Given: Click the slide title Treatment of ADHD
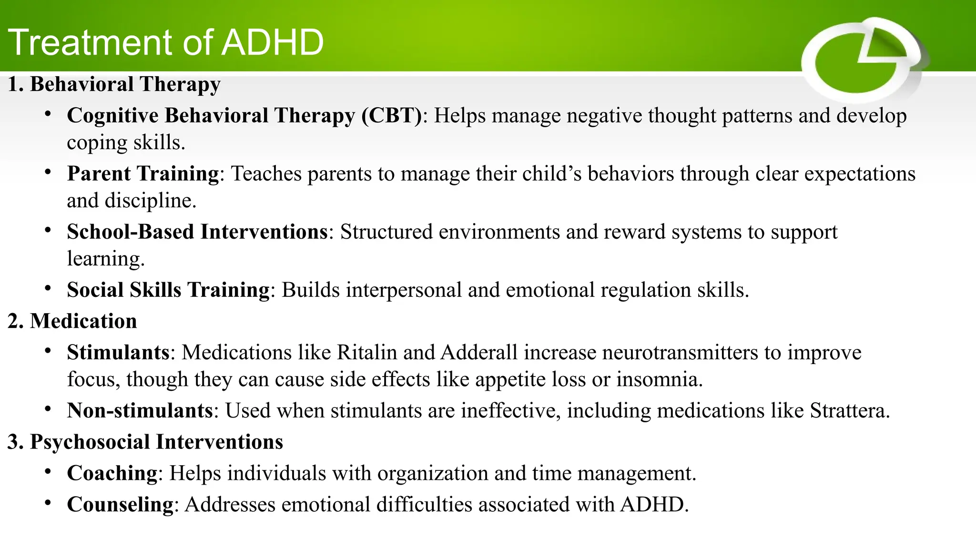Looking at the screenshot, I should tap(166, 42).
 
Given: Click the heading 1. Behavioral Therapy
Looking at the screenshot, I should tap(114, 84).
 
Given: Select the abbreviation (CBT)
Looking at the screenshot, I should tap(391, 116).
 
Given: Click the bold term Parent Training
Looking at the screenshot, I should tap(142, 173).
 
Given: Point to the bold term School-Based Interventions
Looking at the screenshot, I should tap(197, 232).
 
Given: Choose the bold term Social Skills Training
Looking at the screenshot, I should tap(168, 290).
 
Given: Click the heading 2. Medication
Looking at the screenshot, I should tap(72, 321).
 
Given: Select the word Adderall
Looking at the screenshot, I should tap(478, 353).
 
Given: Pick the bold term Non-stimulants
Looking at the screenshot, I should tap(140, 411).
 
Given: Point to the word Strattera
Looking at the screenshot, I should tap(848, 411).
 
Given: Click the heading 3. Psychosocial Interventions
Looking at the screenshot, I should tap(145, 442).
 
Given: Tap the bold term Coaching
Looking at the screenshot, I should tap(112, 473).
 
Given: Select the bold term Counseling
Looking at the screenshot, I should tap(120, 505).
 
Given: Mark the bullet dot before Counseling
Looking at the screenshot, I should tap(48, 503).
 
